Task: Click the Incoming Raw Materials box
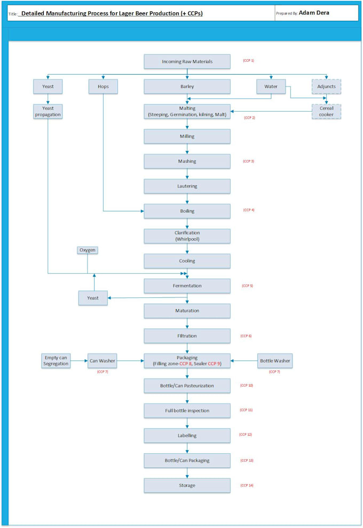point(187,61)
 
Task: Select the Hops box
point(103,86)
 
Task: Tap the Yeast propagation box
point(48,111)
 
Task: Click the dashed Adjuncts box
point(326,86)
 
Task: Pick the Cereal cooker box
point(326,111)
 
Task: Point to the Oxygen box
point(88,250)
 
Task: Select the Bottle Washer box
point(275,361)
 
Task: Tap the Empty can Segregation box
point(56,361)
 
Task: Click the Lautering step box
point(187,186)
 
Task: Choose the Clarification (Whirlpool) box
point(187,236)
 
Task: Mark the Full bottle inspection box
point(187,411)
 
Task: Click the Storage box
point(187,485)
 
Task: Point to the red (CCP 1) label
point(249,60)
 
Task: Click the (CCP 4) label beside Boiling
point(249,210)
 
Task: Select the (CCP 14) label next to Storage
point(247,485)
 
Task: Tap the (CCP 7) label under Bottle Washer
point(275,372)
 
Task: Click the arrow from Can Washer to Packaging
point(130,361)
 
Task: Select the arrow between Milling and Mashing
point(187,149)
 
